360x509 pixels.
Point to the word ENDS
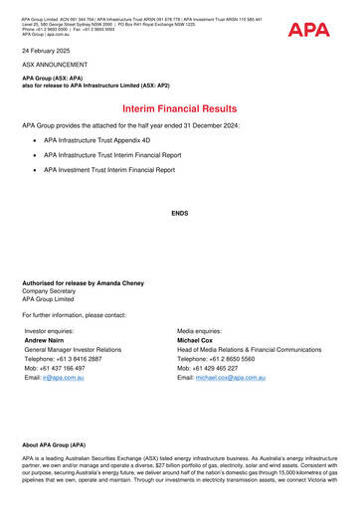pos(179,213)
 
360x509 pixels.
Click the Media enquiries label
pos(207,330)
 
